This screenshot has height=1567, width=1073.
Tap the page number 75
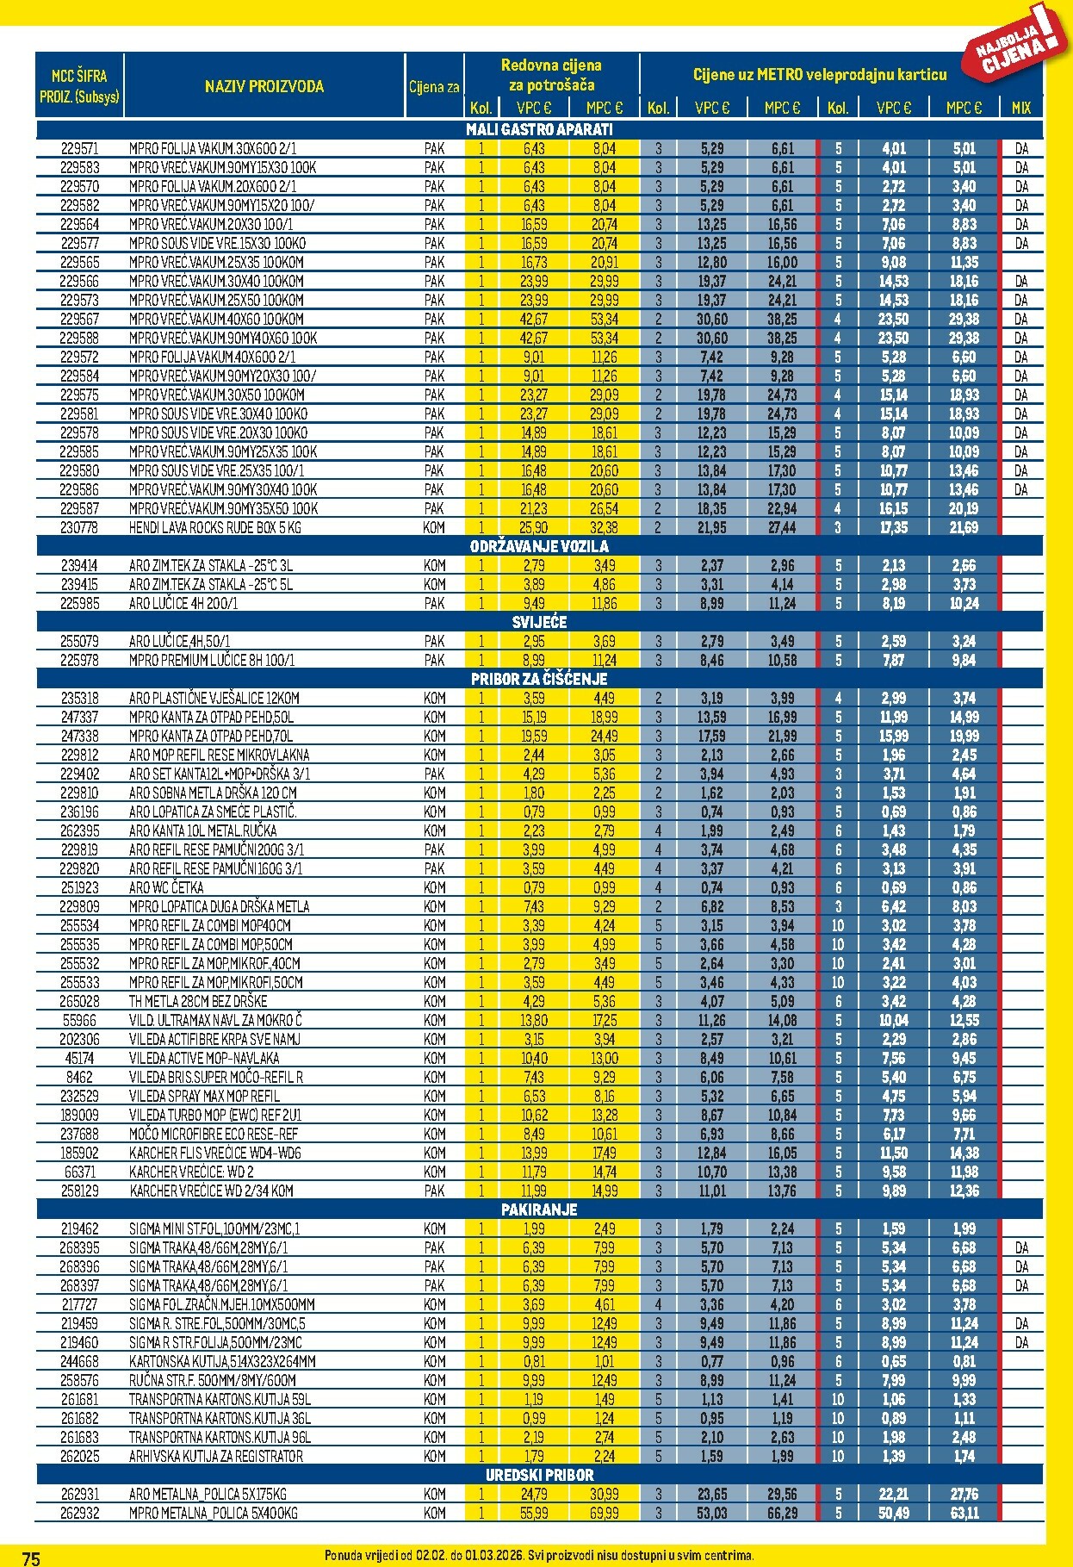pos(31,1558)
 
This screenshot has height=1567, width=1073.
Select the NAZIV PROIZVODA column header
pos(264,86)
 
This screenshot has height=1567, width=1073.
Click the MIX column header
pos(1020,109)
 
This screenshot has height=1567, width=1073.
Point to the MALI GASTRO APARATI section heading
pos(539,129)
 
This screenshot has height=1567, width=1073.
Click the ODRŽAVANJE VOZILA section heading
pos(539,546)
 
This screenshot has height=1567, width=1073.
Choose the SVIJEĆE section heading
pos(539,622)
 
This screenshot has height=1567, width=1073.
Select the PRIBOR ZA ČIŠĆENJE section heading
pos(539,679)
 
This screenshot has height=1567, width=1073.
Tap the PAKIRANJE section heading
pos(539,1209)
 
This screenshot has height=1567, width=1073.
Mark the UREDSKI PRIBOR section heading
pos(539,1475)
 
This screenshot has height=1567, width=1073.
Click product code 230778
pos(79,527)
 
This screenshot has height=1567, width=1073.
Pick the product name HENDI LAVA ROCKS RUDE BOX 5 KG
pos(215,527)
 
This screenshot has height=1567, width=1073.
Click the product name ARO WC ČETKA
pos(166,887)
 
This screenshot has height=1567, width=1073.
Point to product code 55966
pos(79,1020)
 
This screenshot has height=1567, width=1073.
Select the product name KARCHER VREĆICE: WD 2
pos(191,1172)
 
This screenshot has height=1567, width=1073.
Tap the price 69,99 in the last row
pos(605,1513)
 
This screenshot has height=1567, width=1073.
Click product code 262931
pos(79,1494)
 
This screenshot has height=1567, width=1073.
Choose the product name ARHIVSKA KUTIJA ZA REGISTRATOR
pos(216,1456)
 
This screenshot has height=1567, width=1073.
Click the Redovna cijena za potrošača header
pos(551,75)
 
